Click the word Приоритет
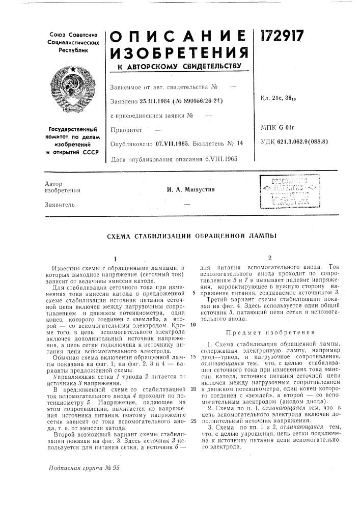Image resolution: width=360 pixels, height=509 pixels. (x=125, y=130)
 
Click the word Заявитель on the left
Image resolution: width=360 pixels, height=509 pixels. (x=62, y=205)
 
